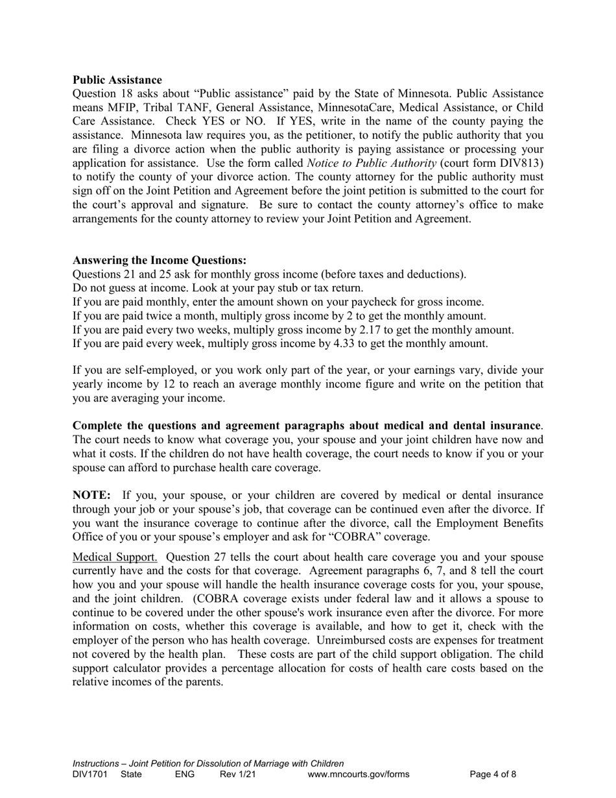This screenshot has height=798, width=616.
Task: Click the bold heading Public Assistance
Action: [x=117, y=80]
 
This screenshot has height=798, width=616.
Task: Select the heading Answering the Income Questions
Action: [x=160, y=260]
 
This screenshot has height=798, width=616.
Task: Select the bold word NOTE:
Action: [x=91, y=495]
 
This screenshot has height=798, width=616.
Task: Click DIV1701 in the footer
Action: [x=89, y=774]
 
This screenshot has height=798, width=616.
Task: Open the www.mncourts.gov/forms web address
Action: [x=359, y=774]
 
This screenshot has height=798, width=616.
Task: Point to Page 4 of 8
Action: [x=493, y=774]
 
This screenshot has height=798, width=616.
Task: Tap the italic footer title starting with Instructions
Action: [x=208, y=764]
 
